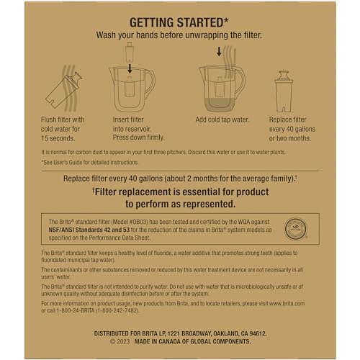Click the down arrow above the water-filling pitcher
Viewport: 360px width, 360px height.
click(x=219, y=51)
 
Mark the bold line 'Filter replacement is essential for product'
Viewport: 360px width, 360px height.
click(x=180, y=192)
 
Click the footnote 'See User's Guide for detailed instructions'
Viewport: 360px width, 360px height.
click(x=92, y=163)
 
